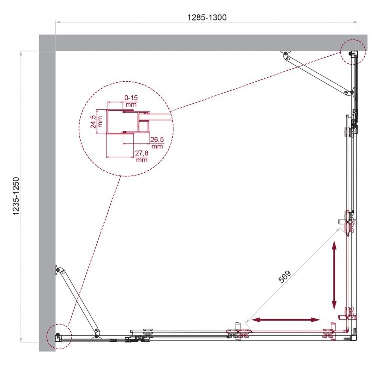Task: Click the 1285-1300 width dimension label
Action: coord(207,18)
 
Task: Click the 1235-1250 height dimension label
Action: coord(16,196)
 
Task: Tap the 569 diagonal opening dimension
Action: coord(285,276)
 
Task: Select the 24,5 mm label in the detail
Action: coord(96,122)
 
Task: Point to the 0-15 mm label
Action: coord(131,101)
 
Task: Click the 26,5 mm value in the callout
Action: coord(157,143)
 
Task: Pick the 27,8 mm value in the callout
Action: coord(142,156)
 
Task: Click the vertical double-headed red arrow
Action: coord(334,275)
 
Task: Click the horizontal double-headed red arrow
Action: coord(286,320)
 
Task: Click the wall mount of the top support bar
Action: coord(286,53)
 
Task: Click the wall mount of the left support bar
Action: coord(58,270)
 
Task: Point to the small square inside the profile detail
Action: coord(143,127)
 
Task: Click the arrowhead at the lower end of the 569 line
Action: coord(247,321)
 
